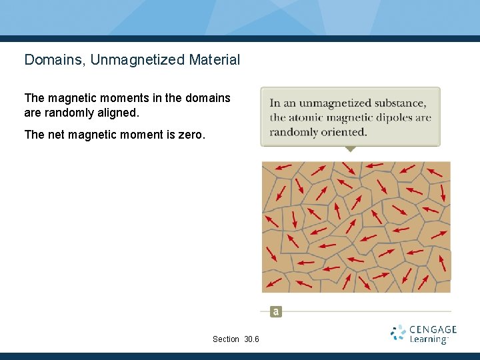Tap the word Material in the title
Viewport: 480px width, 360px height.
coord(214,60)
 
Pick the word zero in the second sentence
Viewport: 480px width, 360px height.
coord(193,135)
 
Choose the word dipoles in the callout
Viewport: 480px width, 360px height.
coord(393,118)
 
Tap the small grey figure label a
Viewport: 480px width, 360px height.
coord(276,311)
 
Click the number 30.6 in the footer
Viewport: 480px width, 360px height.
coord(251,339)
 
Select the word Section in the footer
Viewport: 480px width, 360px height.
coord(226,339)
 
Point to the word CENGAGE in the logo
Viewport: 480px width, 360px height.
coord(433,329)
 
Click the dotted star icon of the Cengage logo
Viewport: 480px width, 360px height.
coord(398,333)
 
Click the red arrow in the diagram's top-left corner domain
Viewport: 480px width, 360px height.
coord(282,167)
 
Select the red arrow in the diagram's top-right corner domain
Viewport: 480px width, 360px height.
coord(434,172)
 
